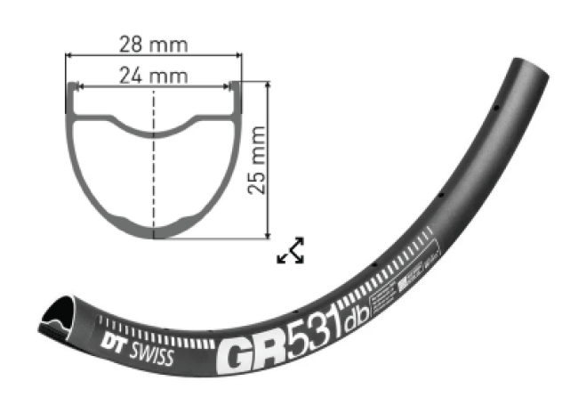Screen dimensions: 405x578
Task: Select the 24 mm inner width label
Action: (152, 76)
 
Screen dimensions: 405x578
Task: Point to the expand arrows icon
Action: (291, 251)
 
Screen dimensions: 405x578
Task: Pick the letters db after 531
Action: (362, 305)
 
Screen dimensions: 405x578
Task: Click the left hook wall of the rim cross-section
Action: (69, 97)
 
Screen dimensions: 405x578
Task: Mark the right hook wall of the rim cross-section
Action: (237, 97)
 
